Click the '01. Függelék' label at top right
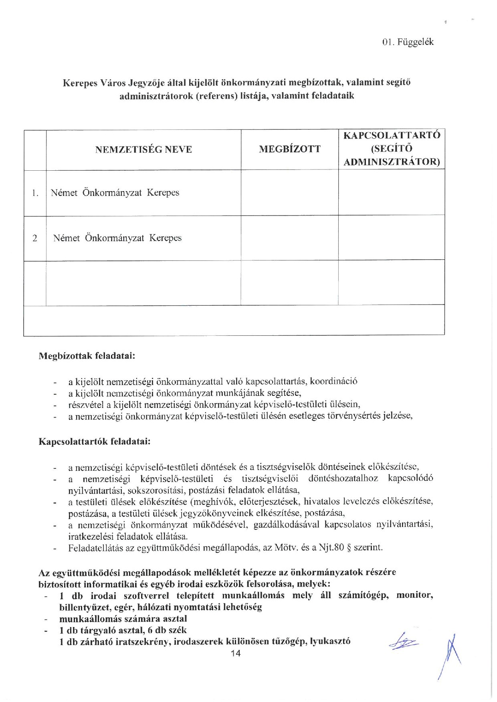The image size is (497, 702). coord(408,42)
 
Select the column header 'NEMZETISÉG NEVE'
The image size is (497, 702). coord(143,150)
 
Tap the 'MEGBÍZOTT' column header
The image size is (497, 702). coord(290,149)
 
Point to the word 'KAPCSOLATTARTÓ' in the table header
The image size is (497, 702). coord(392,135)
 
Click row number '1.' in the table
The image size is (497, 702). coord(35,193)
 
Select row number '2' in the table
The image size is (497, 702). coord(35,238)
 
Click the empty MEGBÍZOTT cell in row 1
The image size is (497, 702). coord(289,193)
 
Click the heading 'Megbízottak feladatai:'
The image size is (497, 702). coord(86,355)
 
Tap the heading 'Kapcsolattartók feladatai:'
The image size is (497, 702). coord(94,442)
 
